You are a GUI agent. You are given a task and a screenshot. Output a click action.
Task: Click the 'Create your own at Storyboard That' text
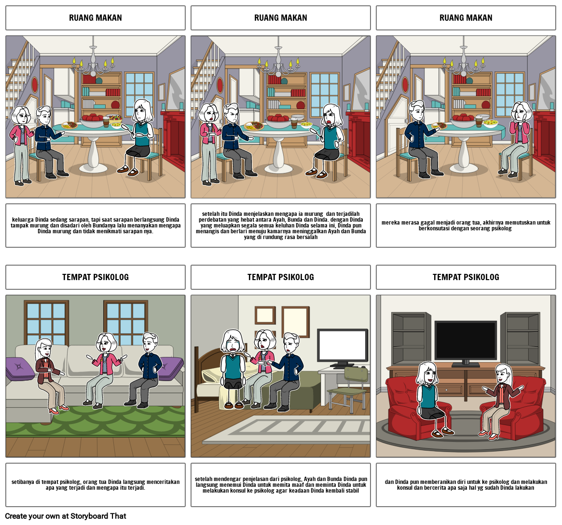66,516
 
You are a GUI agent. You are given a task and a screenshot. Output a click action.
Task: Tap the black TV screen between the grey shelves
466,341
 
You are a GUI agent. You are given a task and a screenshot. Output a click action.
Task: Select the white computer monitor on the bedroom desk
343,346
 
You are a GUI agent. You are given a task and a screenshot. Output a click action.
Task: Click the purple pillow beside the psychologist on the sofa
20,369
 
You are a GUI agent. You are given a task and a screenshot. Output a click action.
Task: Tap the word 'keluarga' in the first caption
23,220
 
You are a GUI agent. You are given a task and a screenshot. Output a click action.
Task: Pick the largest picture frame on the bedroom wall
296,322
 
